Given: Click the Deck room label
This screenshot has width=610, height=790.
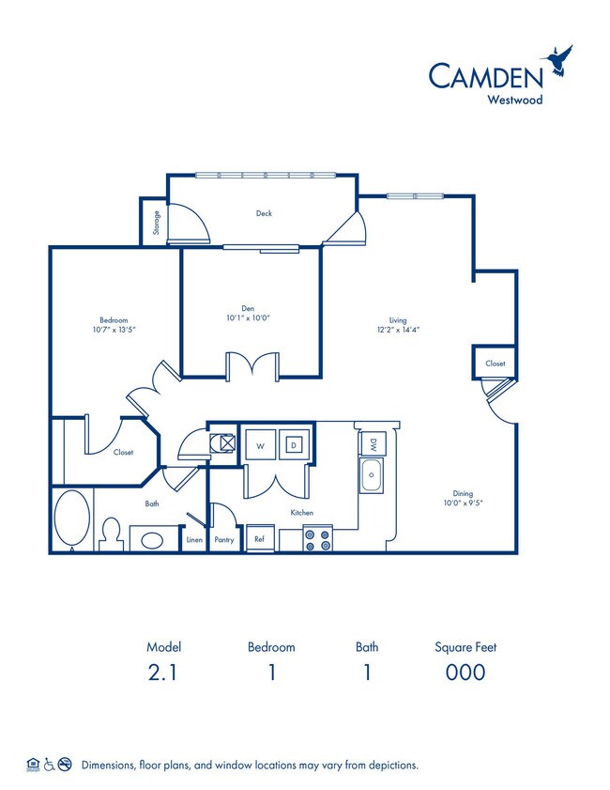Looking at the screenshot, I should coord(265,213).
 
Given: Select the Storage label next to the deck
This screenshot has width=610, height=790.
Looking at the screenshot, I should coord(156,224).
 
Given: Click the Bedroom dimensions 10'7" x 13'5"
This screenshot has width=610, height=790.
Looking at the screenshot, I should coord(114,330).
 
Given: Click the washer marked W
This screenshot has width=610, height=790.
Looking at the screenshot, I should coord(259,446).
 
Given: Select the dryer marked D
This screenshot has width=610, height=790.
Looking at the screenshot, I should coord(293,446).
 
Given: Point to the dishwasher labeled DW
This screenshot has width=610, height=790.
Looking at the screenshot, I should coord(373,445).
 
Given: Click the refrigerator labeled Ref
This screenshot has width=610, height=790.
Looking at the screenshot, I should coord(259,540).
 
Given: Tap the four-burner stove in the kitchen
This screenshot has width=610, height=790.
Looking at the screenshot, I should coord(318,539).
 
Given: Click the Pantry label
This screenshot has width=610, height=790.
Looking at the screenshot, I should coord(223,540).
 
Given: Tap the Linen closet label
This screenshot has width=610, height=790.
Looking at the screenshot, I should coord(194,540).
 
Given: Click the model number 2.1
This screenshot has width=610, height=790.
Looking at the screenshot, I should coord(163,672).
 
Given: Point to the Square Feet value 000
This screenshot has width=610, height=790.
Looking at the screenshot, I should coord(465,672).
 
